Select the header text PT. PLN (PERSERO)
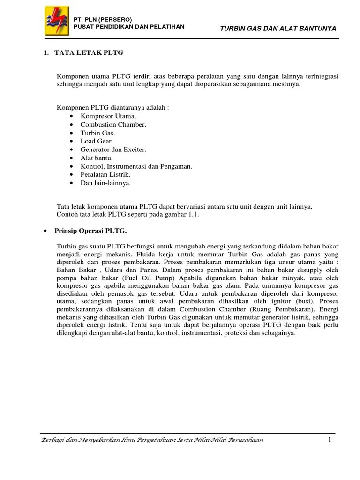[x=103, y=19]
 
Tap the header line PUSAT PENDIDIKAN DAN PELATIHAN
[x=129, y=27]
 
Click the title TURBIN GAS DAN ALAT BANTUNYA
[x=278, y=29]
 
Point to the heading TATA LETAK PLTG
[x=89, y=53]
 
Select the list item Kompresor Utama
[x=108, y=116]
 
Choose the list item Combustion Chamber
[x=113, y=124]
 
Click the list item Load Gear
[x=97, y=141]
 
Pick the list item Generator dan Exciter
[x=113, y=150]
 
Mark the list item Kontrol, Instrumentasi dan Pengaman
[x=136, y=166]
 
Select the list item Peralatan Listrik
[x=105, y=175]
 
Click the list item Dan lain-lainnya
[x=105, y=183]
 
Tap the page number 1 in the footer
[x=330, y=440]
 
